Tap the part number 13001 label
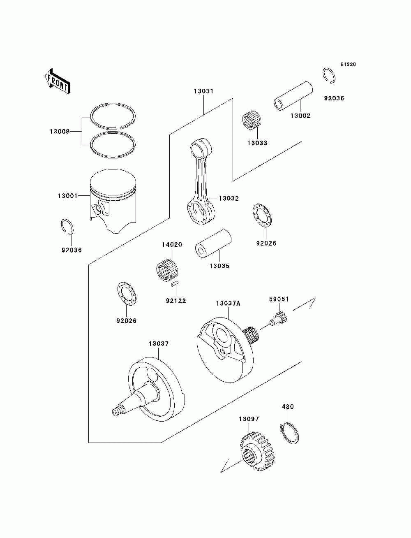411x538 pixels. click(67, 196)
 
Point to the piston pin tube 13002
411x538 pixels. click(293, 97)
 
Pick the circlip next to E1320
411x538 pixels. click(329, 75)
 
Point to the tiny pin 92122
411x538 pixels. click(175, 284)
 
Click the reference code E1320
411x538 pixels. click(347, 65)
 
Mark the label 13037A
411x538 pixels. click(228, 304)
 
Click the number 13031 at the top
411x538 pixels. click(203, 91)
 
